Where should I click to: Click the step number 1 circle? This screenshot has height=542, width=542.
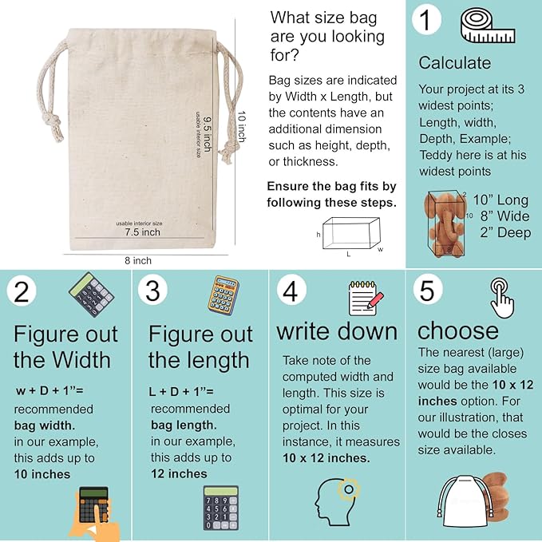tap(429, 19)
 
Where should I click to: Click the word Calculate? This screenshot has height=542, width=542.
tap(455, 63)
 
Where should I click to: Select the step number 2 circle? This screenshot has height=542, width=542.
tap(22, 291)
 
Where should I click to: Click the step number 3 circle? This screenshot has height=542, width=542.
tap(152, 291)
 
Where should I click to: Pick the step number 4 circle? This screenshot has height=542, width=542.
tap(291, 291)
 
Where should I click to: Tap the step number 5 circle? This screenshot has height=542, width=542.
tap(427, 291)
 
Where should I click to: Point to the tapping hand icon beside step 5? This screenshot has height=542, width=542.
tap(500, 297)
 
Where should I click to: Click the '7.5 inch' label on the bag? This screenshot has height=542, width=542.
tap(142, 232)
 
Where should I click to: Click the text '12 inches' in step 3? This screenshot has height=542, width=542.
tap(179, 474)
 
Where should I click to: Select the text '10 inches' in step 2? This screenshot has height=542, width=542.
tap(42, 474)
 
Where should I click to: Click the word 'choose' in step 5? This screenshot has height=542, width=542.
tap(457, 330)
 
